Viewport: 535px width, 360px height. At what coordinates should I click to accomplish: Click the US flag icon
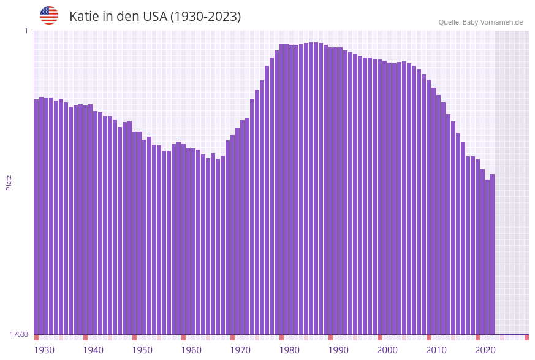tap(49, 15)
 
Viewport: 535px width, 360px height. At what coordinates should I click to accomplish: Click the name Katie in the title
tap(84, 17)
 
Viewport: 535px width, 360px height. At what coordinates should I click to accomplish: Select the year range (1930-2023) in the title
tap(205, 17)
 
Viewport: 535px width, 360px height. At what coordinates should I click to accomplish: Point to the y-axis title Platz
tap(9, 182)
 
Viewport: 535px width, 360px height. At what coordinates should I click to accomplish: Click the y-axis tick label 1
tap(26, 31)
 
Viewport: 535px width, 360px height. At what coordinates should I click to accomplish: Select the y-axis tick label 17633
tap(19, 334)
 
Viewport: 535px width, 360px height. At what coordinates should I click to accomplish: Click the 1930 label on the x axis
tap(44, 350)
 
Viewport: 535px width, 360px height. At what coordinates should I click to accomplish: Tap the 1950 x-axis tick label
tap(142, 350)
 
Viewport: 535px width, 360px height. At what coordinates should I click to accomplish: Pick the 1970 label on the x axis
tap(240, 350)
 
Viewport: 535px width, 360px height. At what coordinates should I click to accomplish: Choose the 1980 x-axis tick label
tap(289, 350)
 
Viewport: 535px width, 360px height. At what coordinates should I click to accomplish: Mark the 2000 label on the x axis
tap(387, 350)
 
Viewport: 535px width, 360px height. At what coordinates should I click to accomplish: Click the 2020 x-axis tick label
tap(485, 350)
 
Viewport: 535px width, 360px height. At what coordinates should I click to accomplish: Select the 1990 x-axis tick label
tap(338, 350)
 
